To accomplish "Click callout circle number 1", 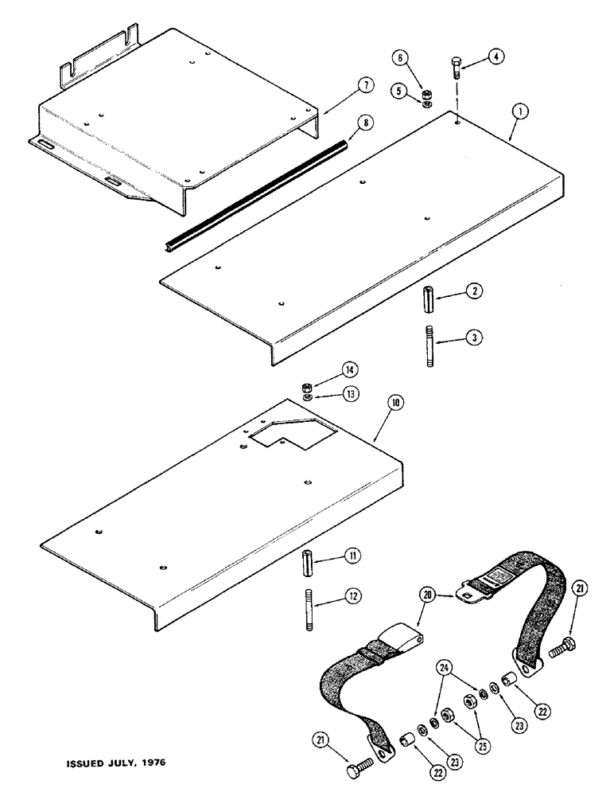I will click(517, 112).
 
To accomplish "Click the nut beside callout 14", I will click(307, 388).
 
